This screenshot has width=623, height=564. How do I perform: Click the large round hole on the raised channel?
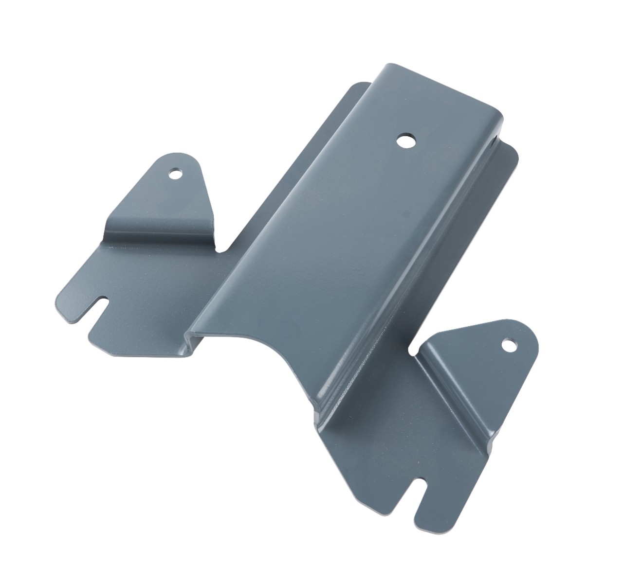pyautogui.click(x=403, y=141)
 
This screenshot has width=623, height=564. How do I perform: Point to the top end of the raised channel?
pyautogui.click(x=428, y=88)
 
